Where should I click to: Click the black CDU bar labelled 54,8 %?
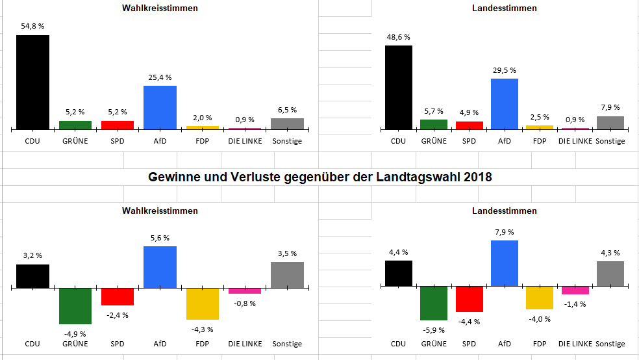(32, 82)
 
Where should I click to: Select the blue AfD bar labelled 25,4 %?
(160, 107)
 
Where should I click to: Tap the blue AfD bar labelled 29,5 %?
(504, 103)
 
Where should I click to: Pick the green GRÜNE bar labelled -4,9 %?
(75, 305)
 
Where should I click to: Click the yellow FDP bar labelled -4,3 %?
(202, 303)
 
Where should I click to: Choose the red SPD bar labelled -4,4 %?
(469, 299)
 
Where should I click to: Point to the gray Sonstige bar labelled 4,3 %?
(610, 274)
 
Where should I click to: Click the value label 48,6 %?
(399, 38)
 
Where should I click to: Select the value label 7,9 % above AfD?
(504, 232)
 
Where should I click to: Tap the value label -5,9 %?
(434, 329)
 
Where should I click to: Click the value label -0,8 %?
(244, 303)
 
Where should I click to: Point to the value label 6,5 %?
(287, 110)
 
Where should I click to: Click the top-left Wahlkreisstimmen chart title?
(160, 8)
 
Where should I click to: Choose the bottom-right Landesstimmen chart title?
(504, 211)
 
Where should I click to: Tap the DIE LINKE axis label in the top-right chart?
(575, 141)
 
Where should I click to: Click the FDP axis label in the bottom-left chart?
(202, 344)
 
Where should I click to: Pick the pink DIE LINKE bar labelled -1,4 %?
(575, 290)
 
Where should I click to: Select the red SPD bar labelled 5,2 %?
(118, 125)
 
